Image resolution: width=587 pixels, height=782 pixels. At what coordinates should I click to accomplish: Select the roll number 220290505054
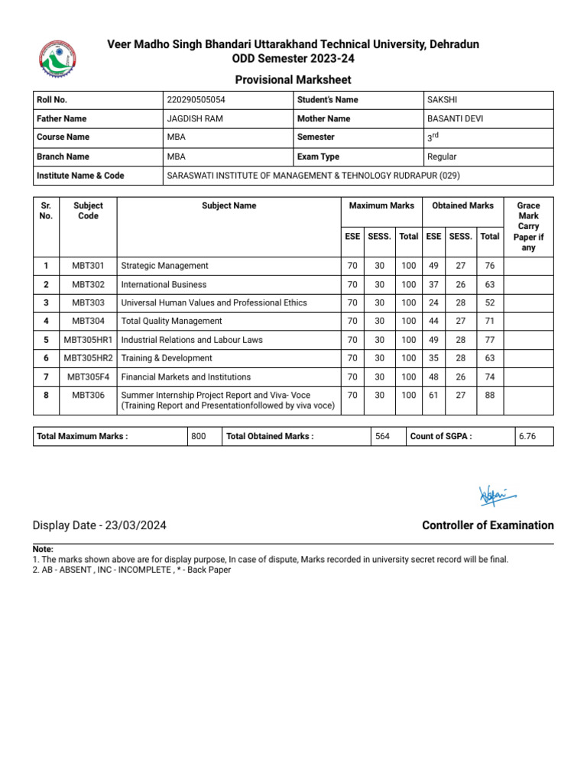(196, 100)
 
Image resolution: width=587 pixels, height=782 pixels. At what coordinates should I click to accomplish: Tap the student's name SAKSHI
(443, 100)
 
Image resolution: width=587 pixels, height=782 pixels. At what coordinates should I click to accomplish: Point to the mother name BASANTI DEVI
(456, 119)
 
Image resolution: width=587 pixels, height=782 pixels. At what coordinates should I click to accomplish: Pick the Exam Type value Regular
(442, 157)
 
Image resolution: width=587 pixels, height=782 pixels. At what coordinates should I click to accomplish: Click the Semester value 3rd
(432, 137)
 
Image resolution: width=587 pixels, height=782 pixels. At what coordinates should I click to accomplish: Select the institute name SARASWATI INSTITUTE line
(313, 176)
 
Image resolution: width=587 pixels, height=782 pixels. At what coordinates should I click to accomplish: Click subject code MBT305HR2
(88, 358)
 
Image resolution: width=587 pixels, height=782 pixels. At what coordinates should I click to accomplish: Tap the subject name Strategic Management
(164, 266)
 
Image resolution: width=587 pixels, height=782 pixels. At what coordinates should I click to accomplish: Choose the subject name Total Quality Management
(171, 322)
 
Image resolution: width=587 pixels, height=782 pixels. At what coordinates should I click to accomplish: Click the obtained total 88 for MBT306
(489, 396)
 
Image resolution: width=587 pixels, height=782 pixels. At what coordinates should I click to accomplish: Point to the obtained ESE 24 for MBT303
(433, 303)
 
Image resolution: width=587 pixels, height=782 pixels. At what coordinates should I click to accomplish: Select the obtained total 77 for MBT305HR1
(489, 340)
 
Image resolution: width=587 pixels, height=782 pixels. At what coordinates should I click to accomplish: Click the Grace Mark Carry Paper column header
(528, 227)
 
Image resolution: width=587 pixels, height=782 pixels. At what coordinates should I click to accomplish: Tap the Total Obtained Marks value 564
(381, 437)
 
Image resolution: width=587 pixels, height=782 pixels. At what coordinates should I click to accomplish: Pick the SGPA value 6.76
(527, 437)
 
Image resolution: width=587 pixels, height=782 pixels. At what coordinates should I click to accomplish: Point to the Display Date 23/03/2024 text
(99, 526)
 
